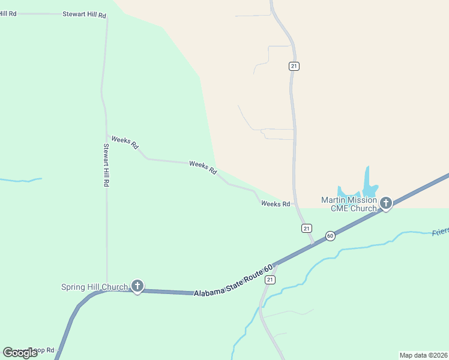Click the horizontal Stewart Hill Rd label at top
[84, 13]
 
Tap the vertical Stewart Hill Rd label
[106, 166]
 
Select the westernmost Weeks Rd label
[125, 142]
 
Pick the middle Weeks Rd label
[203, 167]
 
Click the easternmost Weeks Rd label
[276, 204]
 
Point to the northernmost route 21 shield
[294, 66]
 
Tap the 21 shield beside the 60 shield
[307, 228]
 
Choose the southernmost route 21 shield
[271, 280]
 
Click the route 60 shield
[330, 236]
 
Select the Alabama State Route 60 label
[234, 280]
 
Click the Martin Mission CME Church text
[349, 204]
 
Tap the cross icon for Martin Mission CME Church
[386, 203]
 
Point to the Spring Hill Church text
[94, 287]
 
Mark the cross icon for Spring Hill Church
[137, 286]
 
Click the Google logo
[20, 352]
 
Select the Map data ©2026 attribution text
[423, 355]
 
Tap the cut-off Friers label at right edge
[440, 232]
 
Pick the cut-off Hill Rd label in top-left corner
[8, 13]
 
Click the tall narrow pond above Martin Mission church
[366, 178]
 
